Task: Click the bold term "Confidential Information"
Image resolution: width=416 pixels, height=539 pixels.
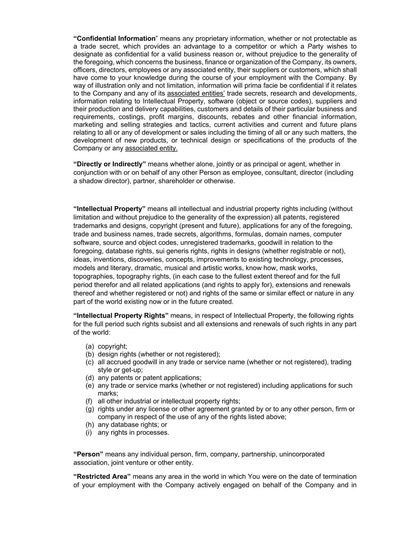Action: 114,39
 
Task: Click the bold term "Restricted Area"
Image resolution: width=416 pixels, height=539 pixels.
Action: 102,477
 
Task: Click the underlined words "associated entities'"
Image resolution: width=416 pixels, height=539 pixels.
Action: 196,94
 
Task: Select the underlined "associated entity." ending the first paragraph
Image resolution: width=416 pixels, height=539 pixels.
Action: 151,148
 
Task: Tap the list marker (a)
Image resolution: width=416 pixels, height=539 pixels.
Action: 90,347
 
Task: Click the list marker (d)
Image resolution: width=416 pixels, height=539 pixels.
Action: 90,378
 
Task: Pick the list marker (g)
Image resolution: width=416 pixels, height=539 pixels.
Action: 90,409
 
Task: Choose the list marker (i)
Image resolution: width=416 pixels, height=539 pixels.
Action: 89,433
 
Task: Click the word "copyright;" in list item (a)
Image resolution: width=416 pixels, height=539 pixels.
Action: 112,347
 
